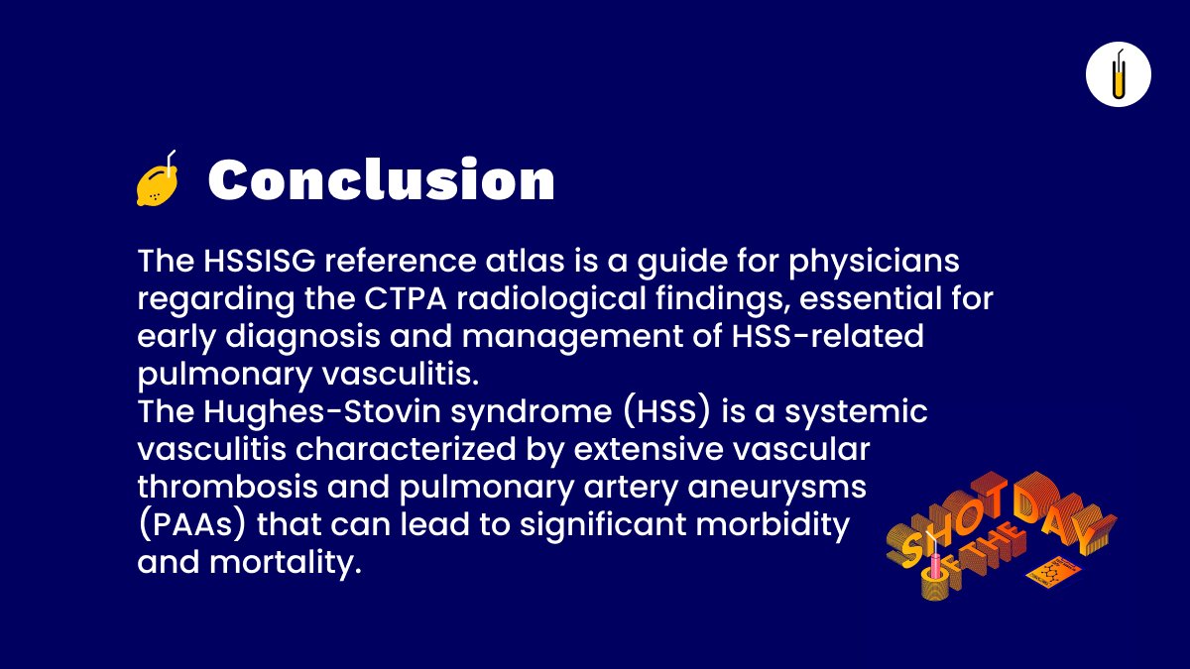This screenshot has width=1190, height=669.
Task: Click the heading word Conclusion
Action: click(381, 180)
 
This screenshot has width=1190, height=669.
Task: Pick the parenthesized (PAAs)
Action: click(191, 523)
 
